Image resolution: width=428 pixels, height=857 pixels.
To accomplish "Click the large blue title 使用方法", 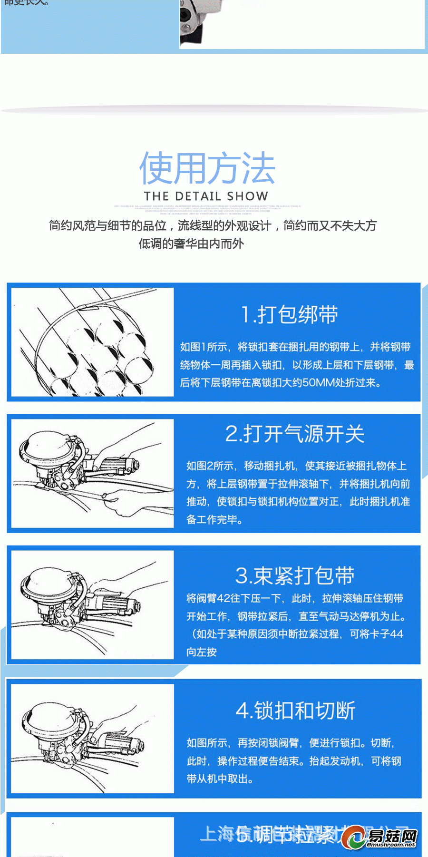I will click(207, 169).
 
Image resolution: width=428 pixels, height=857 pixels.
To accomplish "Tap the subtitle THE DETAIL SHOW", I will click(206, 196).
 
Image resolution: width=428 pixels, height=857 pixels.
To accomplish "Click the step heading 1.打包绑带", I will click(289, 315).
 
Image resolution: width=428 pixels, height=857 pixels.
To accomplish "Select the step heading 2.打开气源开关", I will click(295, 434).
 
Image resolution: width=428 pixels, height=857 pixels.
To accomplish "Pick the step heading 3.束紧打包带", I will click(295, 575).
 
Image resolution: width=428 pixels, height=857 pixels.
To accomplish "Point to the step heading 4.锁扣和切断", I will click(295, 711).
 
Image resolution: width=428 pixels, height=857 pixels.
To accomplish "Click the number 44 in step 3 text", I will click(396, 634).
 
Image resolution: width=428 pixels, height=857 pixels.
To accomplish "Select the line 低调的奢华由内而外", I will click(191, 244).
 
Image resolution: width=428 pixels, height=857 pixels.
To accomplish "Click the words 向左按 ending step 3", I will click(202, 652).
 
